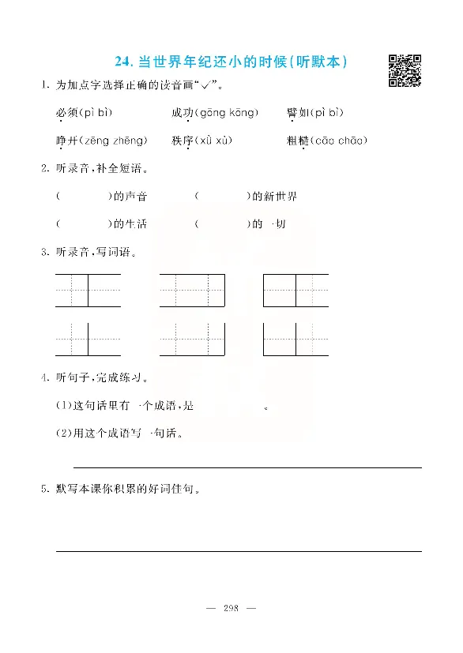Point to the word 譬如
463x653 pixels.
297,113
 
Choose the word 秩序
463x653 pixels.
182,141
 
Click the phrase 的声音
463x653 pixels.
130,197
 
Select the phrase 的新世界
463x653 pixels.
274,197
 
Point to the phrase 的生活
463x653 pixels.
130,224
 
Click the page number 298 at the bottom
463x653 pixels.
231,608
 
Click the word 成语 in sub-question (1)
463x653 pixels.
160,407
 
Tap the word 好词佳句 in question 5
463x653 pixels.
174,490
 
